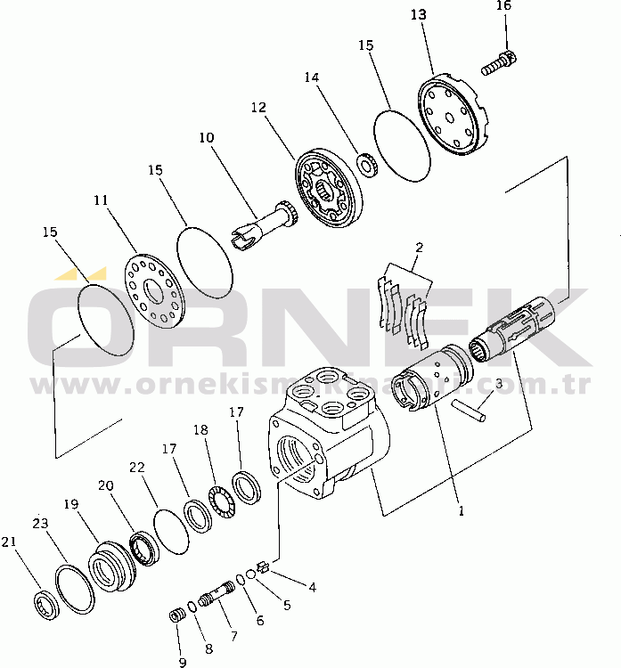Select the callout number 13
[419, 16]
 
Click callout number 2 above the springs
[419, 248]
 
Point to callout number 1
[461, 511]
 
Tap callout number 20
[106, 485]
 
